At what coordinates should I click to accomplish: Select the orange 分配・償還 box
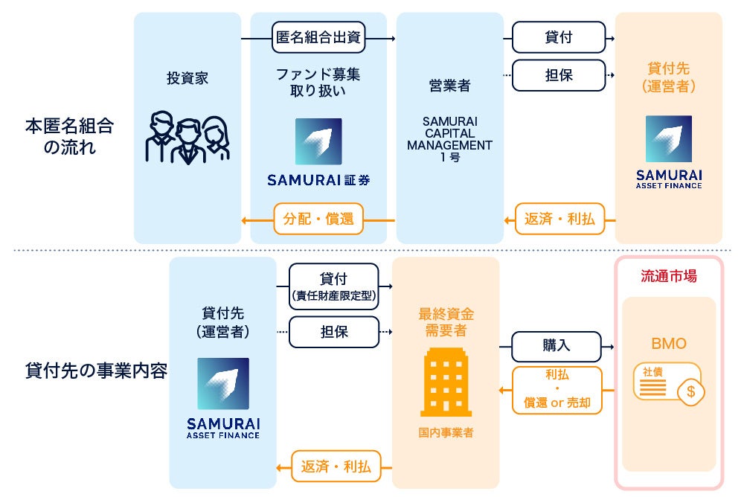[x=318, y=219]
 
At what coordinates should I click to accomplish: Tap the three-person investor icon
[x=187, y=138]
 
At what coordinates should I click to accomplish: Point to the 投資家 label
[x=187, y=78]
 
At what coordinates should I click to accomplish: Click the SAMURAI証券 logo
[x=318, y=152]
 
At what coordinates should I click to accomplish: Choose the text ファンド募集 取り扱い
[x=318, y=83]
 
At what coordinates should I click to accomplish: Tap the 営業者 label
[x=449, y=86]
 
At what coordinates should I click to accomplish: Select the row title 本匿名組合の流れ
[x=69, y=135]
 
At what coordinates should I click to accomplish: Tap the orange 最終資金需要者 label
[x=446, y=321]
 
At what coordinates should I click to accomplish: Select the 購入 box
[x=557, y=346]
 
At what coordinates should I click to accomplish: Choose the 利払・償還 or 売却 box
[x=557, y=390]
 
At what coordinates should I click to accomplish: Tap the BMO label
[x=669, y=344]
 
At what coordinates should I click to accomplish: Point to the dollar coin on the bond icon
[x=690, y=391]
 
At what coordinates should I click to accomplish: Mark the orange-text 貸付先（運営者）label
[x=668, y=78]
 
